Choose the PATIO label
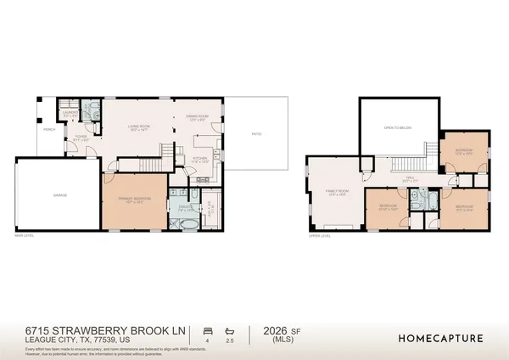tap(255, 134)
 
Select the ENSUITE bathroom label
tap(183, 205)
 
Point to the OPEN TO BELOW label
tap(398, 127)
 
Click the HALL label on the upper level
tap(410, 177)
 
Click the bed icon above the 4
tap(207, 329)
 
